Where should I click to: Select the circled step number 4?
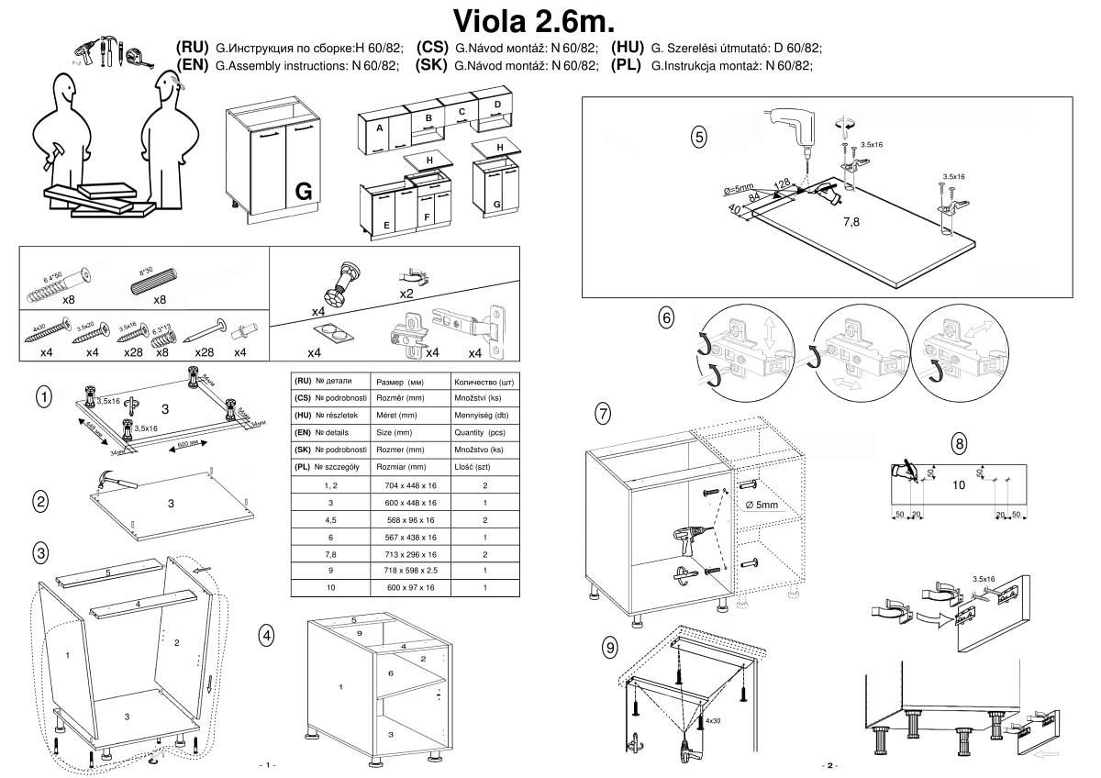pyautogui.click(x=266, y=634)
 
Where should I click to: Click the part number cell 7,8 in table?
pyautogui.click(x=329, y=554)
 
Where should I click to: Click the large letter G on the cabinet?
pyautogui.click(x=305, y=192)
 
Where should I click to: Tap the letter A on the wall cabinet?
pyautogui.click(x=379, y=128)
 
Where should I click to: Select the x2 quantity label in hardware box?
pyautogui.click(x=406, y=295)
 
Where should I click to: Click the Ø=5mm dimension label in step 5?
pyautogui.click(x=739, y=190)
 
